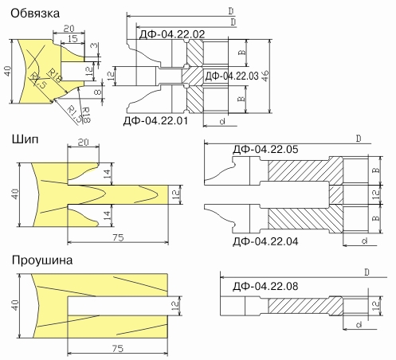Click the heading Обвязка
pyautogui.click(x=35, y=14)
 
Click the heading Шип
pyautogui.click(x=25, y=139)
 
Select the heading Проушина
pyautogui.click(x=42, y=260)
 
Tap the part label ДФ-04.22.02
pyautogui.click(x=172, y=34)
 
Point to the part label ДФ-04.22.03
pyautogui.click(x=232, y=76)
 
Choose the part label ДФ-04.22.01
pyautogui.click(x=155, y=121)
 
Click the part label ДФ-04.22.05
pyautogui.click(x=265, y=149)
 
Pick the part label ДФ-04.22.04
pyautogui.click(x=265, y=241)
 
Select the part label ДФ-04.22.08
pyautogui.click(x=265, y=286)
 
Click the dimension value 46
pyautogui.click(x=265, y=76)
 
